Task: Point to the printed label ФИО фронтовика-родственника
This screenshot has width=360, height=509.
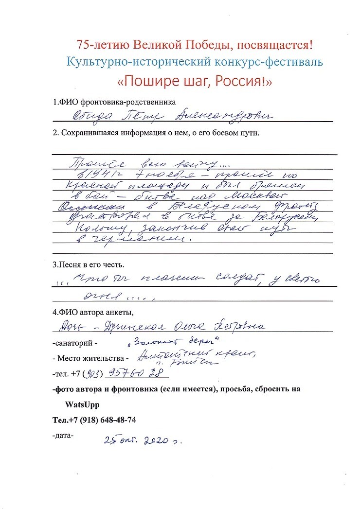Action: [114, 103]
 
